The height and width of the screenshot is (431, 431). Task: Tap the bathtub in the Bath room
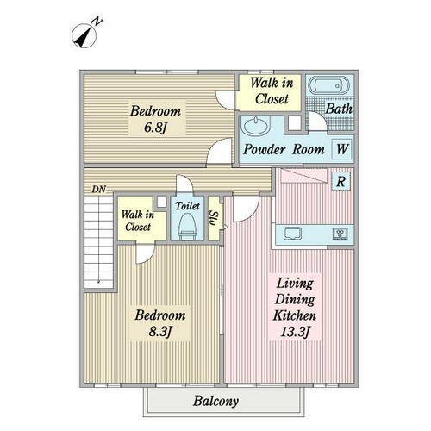point(328,85)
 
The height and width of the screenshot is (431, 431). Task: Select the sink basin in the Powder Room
point(255,125)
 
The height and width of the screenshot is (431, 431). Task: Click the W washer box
point(341,149)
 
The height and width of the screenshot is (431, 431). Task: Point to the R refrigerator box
point(340,181)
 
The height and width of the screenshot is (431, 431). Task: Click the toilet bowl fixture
point(188,227)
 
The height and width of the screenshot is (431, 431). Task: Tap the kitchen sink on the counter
point(292,233)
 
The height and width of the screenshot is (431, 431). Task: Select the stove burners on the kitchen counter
point(340,233)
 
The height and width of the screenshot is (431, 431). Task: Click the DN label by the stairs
point(99,190)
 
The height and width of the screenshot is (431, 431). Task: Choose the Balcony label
point(215,401)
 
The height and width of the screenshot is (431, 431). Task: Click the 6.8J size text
point(155,127)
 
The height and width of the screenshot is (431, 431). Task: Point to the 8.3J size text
point(160,332)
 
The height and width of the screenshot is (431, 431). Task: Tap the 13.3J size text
point(295,332)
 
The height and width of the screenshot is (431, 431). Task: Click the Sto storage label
point(214,218)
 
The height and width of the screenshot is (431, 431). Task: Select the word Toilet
point(188,206)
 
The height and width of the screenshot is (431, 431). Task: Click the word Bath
point(339,109)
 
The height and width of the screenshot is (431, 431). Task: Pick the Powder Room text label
point(284,149)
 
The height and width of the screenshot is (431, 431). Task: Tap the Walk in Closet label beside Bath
point(272,91)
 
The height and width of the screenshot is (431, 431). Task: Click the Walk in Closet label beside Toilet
point(138,221)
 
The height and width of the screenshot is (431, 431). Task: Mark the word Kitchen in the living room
point(295,315)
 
